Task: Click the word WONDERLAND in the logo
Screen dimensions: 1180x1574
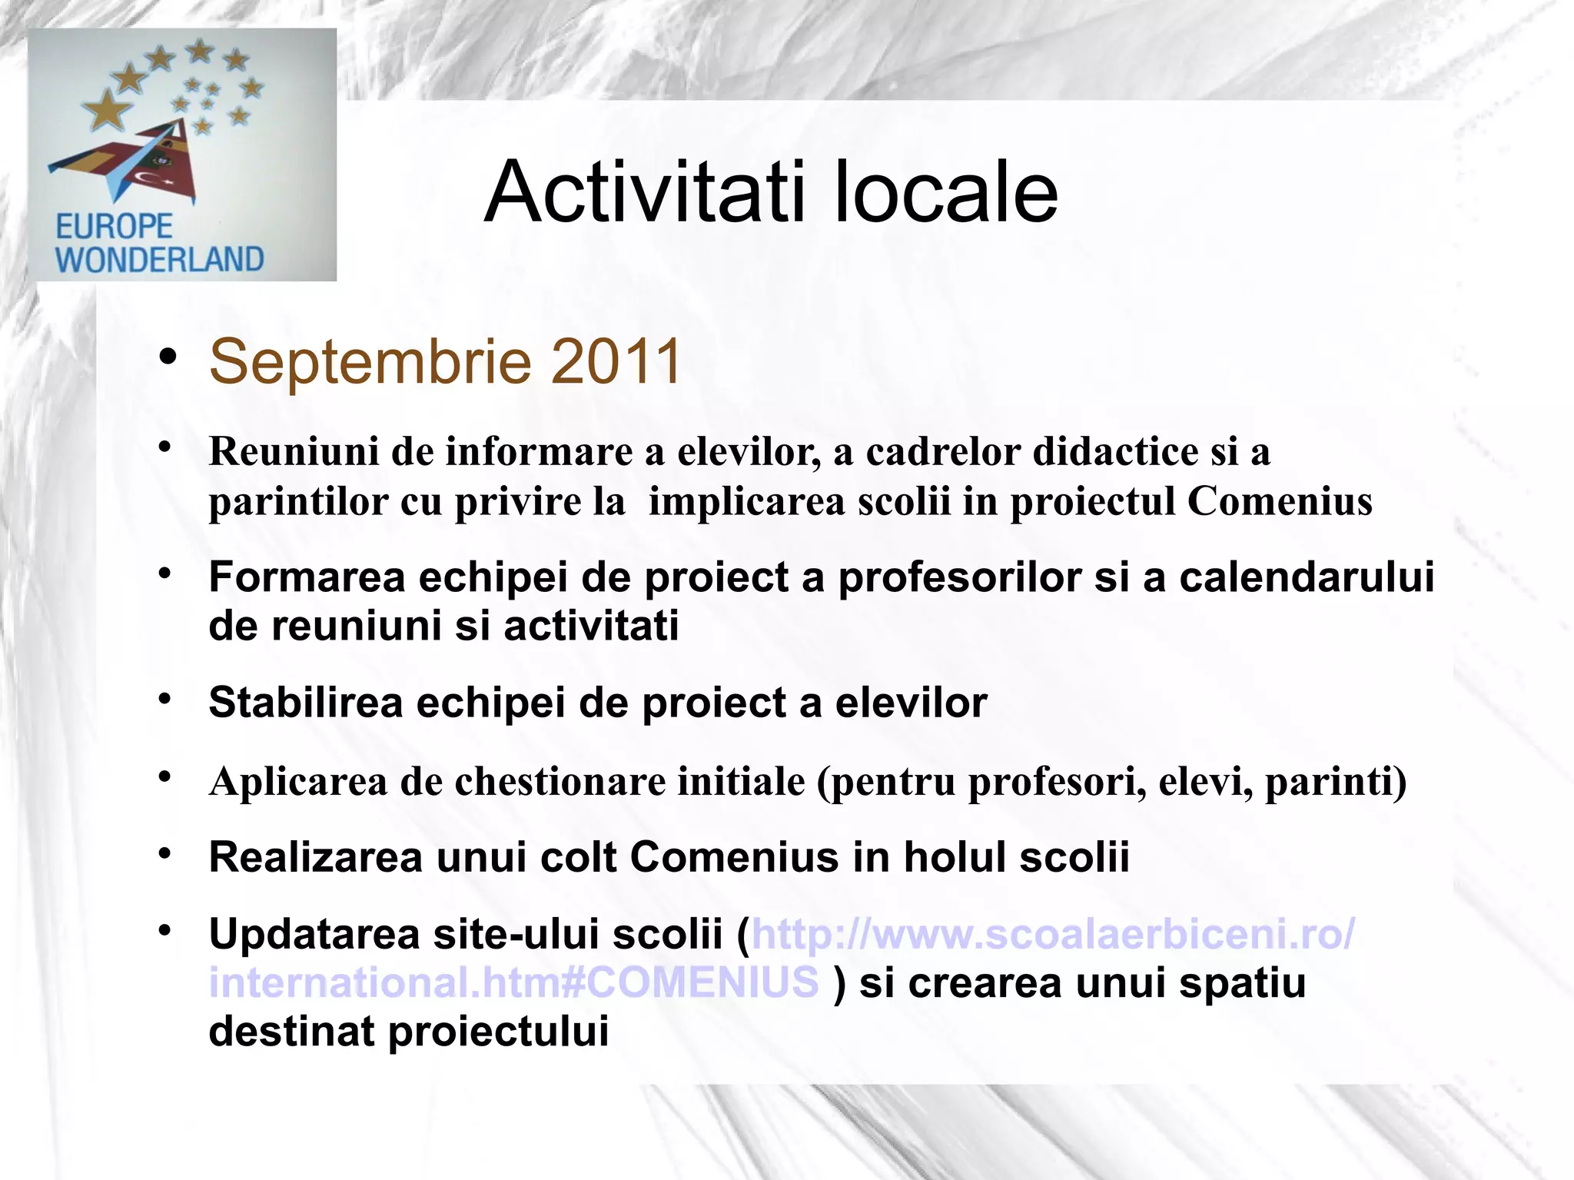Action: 160,259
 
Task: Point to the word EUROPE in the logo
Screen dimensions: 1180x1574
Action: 115,227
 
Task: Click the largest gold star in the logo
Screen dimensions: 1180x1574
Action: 108,110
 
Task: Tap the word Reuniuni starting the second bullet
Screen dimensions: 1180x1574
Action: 293,451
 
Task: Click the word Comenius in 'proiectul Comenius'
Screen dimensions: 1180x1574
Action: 1280,501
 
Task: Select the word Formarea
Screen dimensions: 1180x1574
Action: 307,577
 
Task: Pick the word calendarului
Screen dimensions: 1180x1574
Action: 1307,577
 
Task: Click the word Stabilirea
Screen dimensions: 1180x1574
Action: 305,703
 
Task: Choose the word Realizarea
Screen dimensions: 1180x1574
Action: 315,857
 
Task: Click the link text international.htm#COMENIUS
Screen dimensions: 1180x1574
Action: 513,982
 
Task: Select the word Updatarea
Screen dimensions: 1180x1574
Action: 314,934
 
